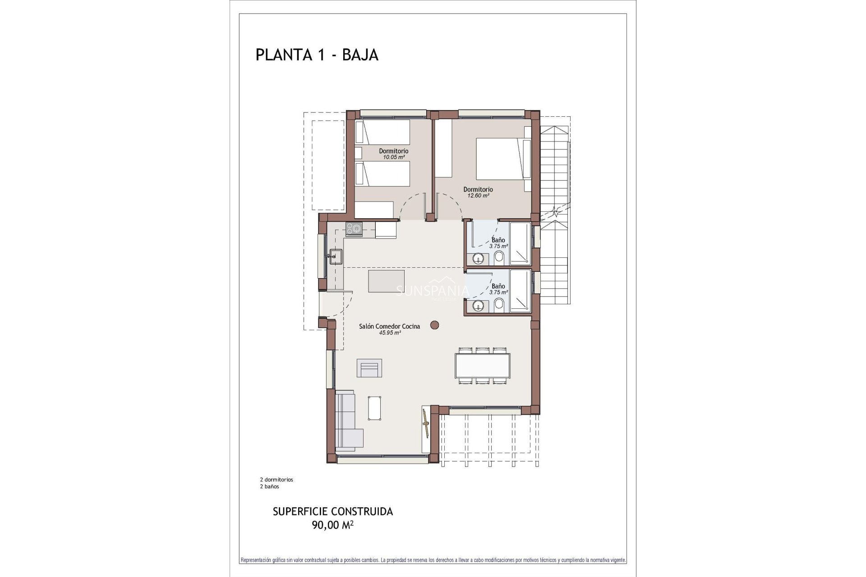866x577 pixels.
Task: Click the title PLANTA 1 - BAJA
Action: (x=317, y=55)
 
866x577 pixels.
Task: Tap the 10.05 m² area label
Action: (x=393, y=157)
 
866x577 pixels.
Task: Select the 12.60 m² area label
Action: (x=478, y=196)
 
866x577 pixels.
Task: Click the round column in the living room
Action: (x=435, y=325)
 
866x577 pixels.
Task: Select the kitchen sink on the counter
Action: (x=335, y=256)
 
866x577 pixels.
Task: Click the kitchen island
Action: (x=387, y=281)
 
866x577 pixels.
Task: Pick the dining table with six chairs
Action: (x=482, y=366)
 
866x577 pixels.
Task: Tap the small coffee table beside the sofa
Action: (x=375, y=408)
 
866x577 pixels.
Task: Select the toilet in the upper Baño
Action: (x=499, y=258)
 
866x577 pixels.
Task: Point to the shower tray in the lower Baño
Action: (x=520, y=291)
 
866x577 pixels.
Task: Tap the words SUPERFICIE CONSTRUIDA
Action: (x=333, y=512)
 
